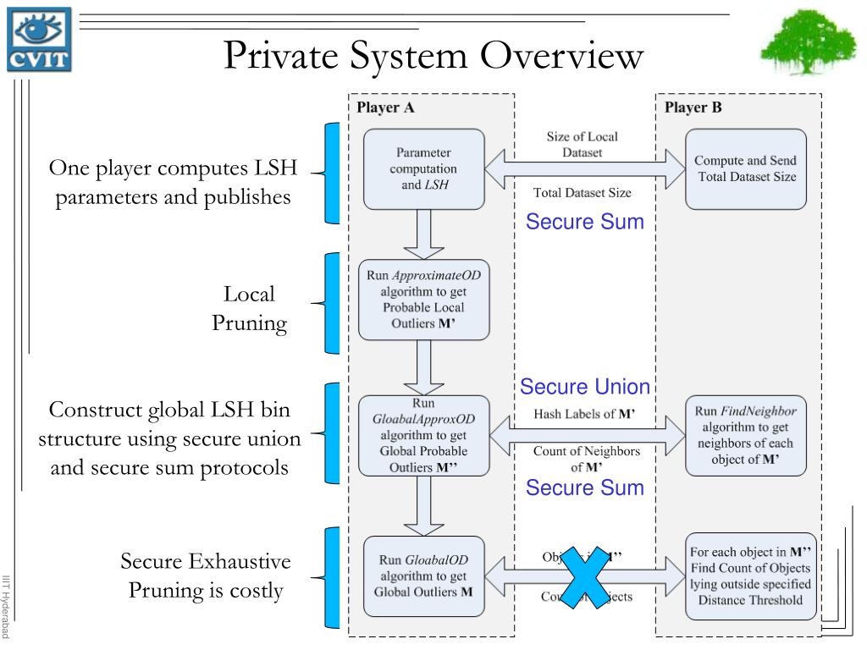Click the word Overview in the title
pos(562,56)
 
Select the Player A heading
pos(385,107)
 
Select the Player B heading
pos(693,107)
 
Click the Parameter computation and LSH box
pos(423,168)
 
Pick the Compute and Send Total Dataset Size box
pos(745,168)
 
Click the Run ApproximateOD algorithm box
pos(423,299)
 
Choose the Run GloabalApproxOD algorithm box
pos(423,435)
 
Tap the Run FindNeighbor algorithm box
pos(745,435)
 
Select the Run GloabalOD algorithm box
pos(423,576)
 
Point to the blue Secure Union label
pos(585,387)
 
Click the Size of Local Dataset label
pos(582,144)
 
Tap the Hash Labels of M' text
pos(584,415)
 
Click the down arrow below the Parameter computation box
pos(424,234)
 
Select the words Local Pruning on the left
pos(250,309)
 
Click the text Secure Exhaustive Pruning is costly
pos(206,576)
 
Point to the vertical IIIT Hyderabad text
pos(7,606)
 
